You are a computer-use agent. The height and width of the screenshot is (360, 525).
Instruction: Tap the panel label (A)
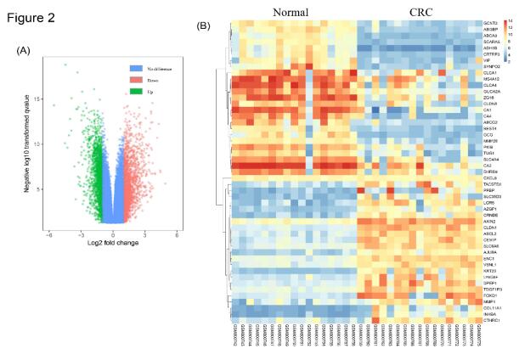pos(25,51)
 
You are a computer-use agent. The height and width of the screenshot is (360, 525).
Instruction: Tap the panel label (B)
pos(204,25)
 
